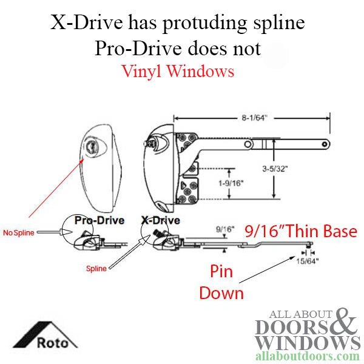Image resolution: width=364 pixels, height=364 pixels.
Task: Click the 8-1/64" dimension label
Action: (x=254, y=118)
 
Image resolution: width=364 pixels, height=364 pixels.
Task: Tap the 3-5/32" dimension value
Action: (x=275, y=169)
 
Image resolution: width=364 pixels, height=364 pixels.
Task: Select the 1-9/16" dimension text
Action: (x=231, y=183)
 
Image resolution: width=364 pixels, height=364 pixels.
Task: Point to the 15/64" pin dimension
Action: (x=308, y=261)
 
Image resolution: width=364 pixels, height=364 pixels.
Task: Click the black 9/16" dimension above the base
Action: (x=225, y=229)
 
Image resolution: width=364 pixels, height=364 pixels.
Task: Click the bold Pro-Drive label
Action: (x=99, y=220)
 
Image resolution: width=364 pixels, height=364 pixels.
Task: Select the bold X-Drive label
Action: (x=161, y=220)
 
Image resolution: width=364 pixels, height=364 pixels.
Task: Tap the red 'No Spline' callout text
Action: (x=19, y=232)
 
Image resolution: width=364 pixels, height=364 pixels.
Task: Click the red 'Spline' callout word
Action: (x=96, y=269)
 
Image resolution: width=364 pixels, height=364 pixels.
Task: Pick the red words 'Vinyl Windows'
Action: (x=178, y=71)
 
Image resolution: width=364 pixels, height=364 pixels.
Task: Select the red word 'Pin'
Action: (x=221, y=271)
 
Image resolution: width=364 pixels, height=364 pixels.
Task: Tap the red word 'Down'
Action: (x=221, y=293)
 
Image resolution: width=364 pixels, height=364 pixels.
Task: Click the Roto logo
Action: (x=45, y=335)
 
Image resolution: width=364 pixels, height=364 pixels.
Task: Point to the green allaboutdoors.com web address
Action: (x=308, y=356)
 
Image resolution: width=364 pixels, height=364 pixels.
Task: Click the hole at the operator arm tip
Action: (x=325, y=144)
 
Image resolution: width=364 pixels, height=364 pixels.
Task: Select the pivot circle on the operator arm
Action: (x=248, y=144)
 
